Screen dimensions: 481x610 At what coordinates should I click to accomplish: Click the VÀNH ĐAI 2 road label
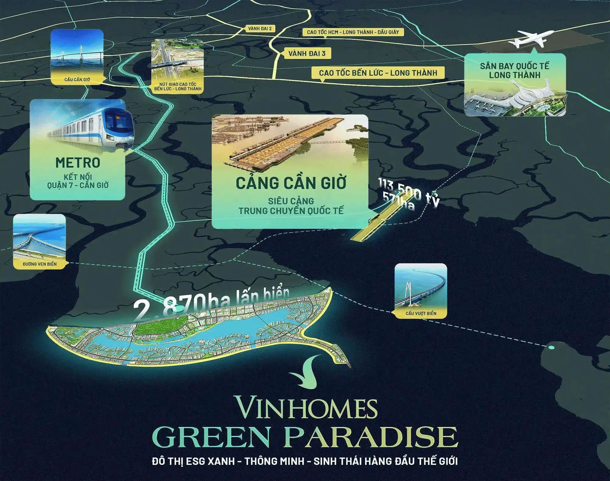coord(260,29)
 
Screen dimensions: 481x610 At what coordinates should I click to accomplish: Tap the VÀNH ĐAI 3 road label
coord(307,54)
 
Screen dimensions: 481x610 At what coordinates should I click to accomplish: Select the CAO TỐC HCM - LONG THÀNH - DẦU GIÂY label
coord(353,32)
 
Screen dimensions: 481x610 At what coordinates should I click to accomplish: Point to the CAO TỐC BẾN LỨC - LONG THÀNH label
coord(378,73)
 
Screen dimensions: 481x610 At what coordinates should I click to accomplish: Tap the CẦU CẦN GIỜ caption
coord(77,80)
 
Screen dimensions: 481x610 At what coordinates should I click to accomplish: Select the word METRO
coord(78,163)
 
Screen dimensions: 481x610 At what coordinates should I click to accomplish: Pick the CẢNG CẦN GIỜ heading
coord(291,183)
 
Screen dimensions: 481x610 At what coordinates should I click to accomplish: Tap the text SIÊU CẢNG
coord(291,201)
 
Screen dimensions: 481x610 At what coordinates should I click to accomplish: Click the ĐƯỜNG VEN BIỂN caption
coord(40,264)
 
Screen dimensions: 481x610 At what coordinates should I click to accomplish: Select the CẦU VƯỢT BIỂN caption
coord(421,313)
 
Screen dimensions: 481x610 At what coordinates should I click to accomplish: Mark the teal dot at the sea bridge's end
coord(551,347)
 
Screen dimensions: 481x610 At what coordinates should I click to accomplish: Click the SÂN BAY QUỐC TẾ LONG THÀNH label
coord(514,70)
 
